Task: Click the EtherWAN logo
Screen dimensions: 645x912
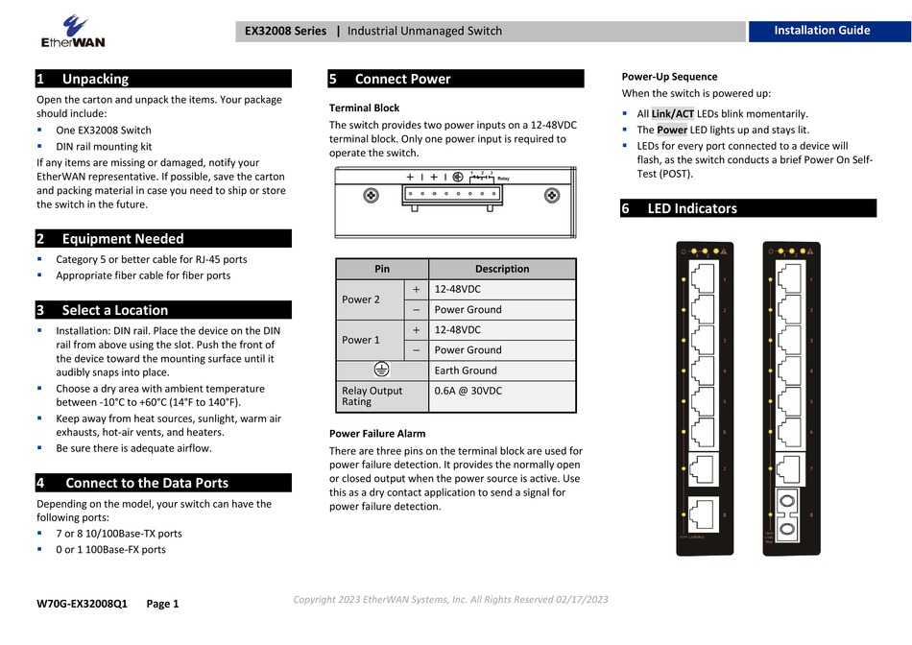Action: [x=72, y=31]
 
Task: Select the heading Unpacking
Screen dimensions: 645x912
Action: [x=95, y=79]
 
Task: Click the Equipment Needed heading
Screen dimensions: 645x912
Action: [x=122, y=238]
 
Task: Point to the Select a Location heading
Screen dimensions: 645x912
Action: [x=114, y=310]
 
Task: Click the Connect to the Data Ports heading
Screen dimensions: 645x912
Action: [x=146, y=483]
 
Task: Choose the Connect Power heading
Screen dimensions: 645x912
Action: [x=402, y=79]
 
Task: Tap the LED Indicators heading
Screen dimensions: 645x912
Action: [x=692, y=208]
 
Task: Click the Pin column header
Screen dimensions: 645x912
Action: [x=382, y=269]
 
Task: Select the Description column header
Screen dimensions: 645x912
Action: [x=501, y=269]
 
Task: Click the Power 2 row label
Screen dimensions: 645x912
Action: [x=361, y=299]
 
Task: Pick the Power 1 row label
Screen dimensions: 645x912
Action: [x=361, y=340]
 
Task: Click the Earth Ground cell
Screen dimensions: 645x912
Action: [x=466, y=370]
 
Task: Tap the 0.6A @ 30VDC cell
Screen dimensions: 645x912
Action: [x=468, y=391]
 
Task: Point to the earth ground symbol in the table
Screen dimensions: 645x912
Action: [x=382, y=370]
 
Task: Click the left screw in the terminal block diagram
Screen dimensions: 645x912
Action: [x=370, y=196]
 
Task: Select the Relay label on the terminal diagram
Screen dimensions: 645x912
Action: [x=503, y=179]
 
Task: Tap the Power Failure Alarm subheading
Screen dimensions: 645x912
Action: [x=377, y=434]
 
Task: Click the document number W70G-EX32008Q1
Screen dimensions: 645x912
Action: [x=82, y=604]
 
